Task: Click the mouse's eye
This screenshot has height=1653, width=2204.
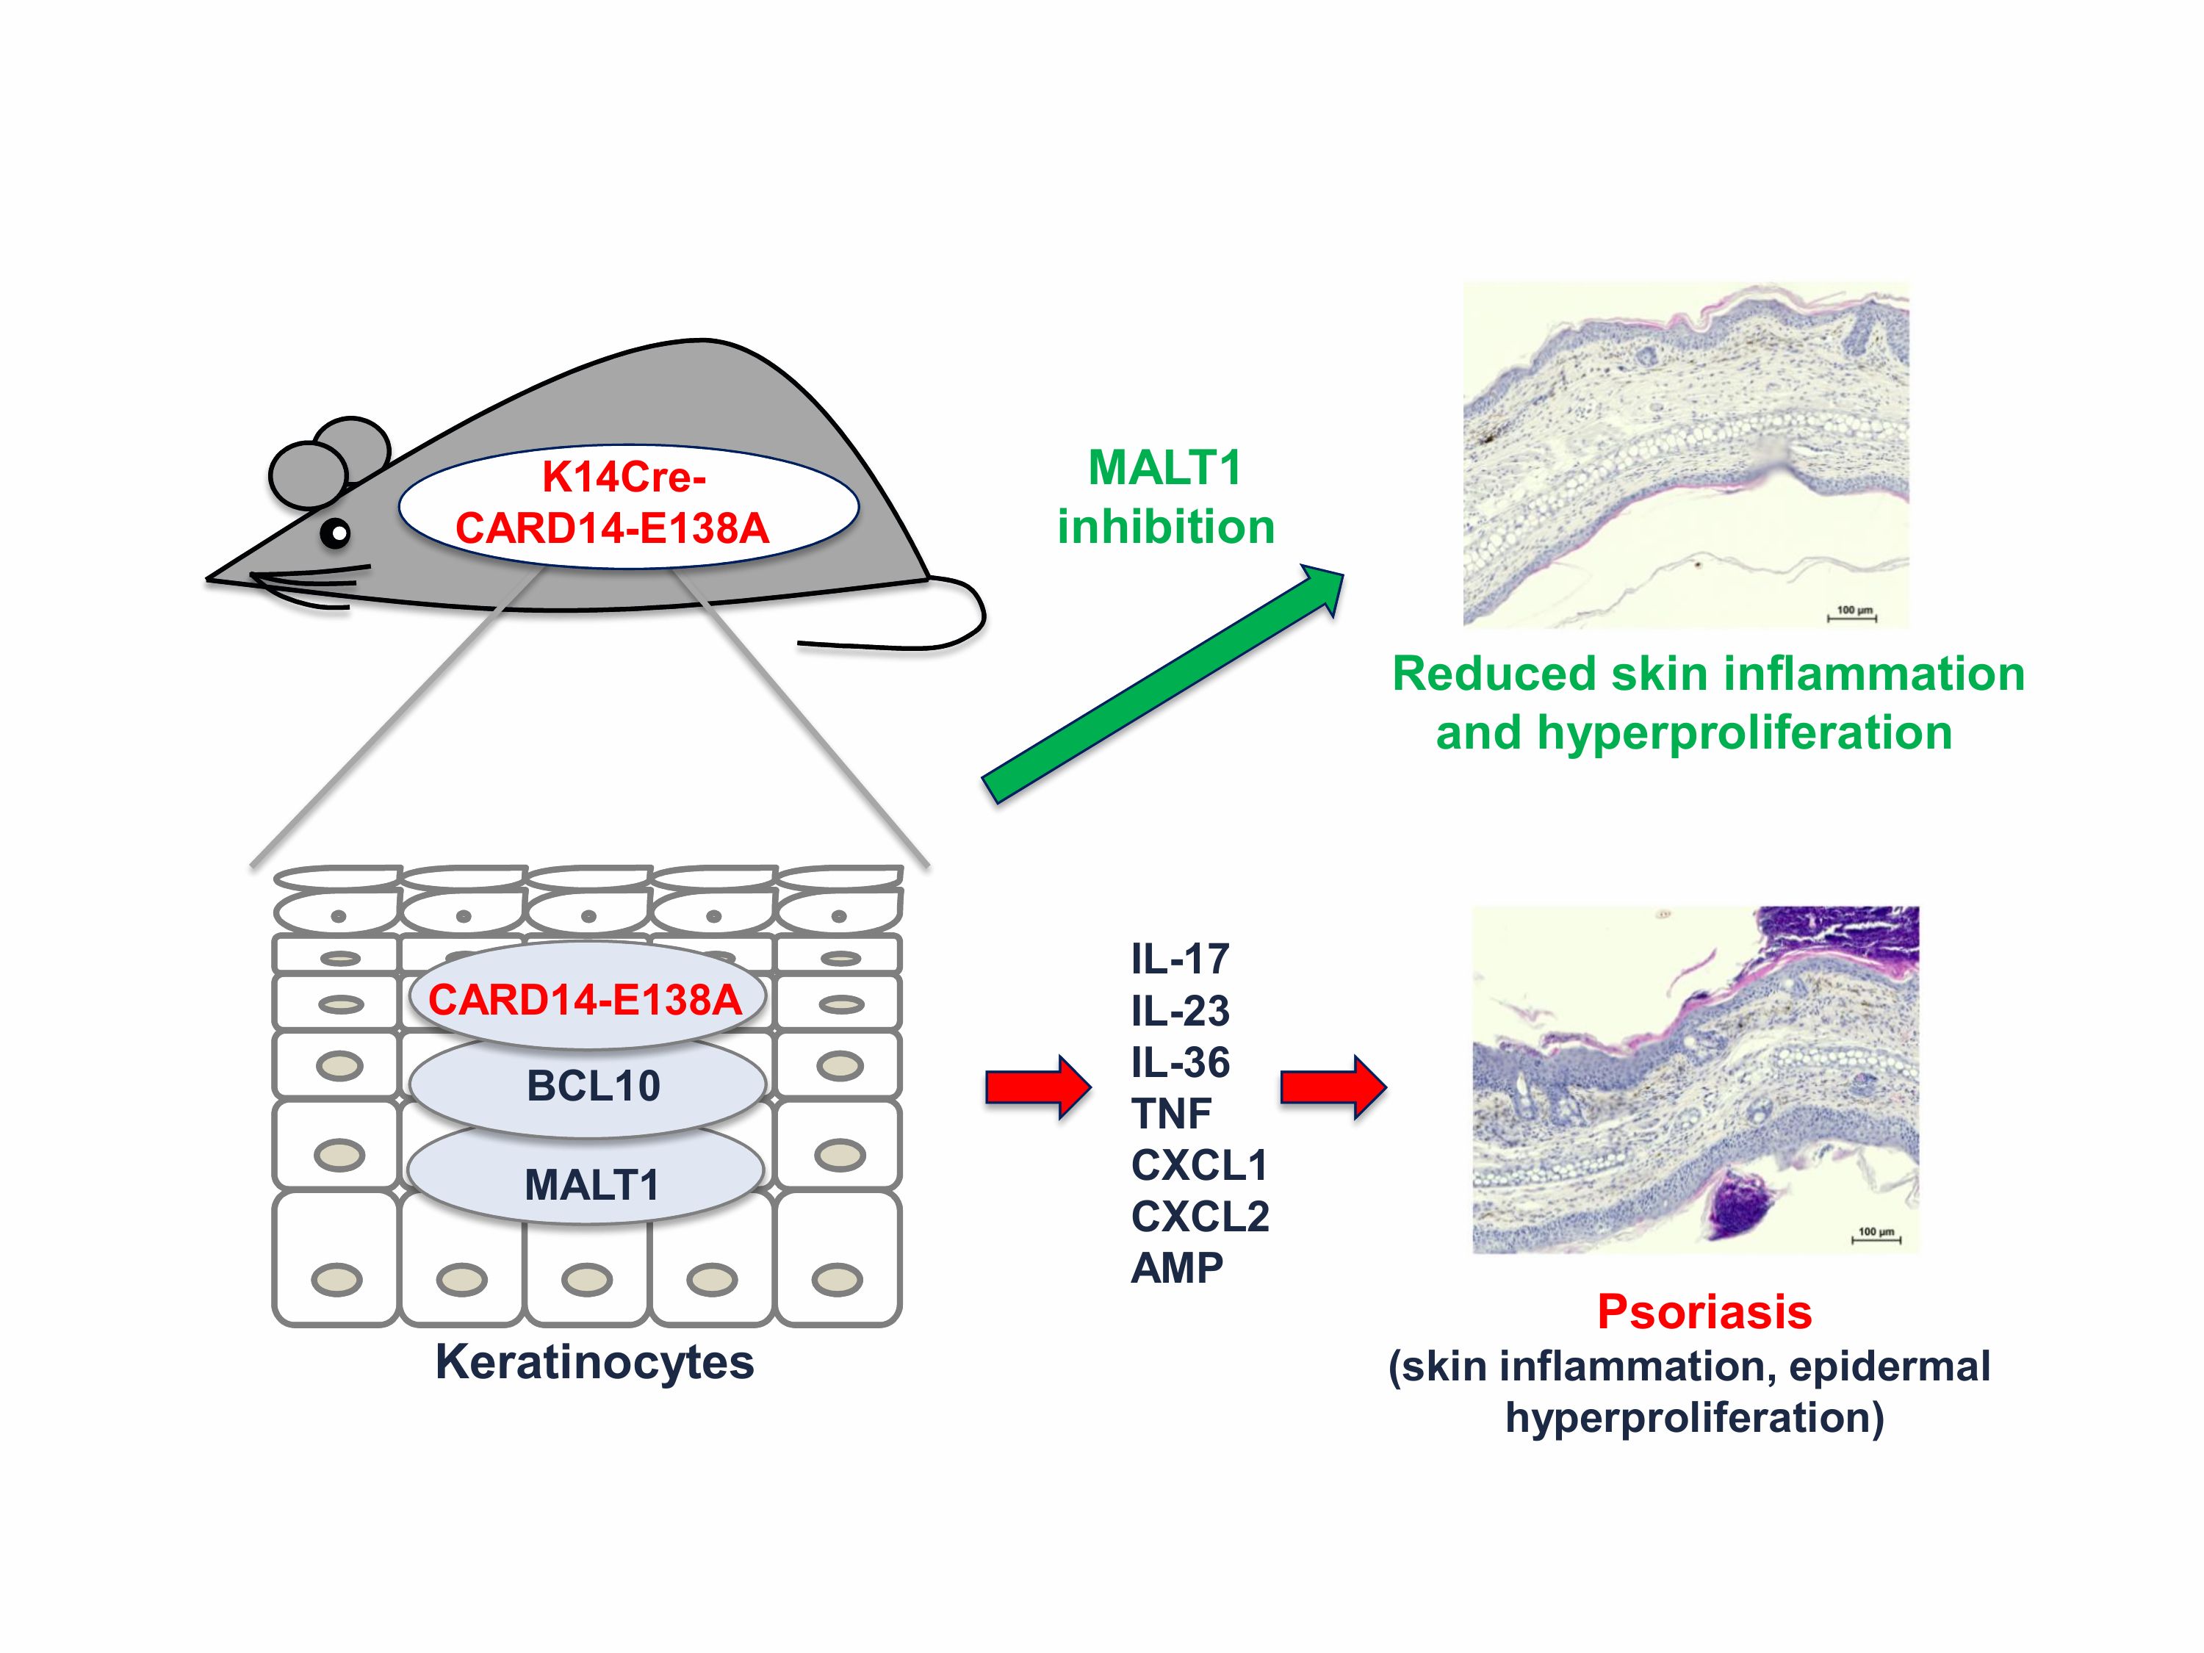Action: tap(338, 534)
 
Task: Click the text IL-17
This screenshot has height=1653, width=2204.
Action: tap(1180, 959)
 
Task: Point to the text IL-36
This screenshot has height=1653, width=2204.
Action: tap(1180, 1062)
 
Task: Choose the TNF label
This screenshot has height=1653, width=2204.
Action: tap(1171, 1114)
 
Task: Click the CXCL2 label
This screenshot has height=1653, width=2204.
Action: tap(1200, 1217)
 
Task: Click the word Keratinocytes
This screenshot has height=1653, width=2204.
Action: tap(595, 1362)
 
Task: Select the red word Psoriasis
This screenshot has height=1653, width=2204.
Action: tap(1704, 1312)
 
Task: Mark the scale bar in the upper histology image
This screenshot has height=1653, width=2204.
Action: tap(1851, 617)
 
